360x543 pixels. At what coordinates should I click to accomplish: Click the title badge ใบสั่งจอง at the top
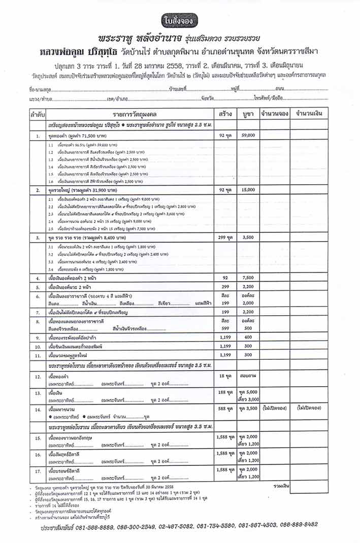(x=180, y=21)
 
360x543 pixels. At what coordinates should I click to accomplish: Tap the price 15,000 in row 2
(x=248, y=190)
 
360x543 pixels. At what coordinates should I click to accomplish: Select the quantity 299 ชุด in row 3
(x=224, y=237)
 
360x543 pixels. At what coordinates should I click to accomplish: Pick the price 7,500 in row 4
(x=248, y=278)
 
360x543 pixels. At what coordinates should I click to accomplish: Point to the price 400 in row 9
(x=248, y=337)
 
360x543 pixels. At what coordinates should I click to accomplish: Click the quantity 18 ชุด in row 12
(x=224, y=376)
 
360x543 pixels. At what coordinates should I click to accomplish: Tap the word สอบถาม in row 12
(x=248, y=376)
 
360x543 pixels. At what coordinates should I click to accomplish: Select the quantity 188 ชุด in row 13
(x=224, y=392)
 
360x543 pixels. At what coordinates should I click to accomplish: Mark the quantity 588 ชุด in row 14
(x=224, y=408)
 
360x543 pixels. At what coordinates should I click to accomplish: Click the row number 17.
(x=38, y=471)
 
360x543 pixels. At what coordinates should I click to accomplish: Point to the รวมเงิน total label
(x=280, y=486)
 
